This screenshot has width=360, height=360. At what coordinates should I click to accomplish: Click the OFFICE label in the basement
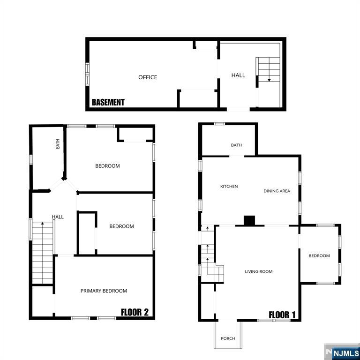coord(148,77)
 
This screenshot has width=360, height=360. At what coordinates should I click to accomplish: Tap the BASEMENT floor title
coord(108,102)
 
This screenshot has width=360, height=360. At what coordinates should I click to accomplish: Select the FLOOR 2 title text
coord(135,312)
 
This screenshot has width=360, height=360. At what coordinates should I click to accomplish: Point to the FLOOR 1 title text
coord(282,315)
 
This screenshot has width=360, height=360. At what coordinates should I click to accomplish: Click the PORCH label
coord(228,338)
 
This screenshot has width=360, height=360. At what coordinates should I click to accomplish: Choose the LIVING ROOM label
coord(258,271)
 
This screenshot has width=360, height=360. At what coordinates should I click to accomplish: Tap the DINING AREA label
coord(277,191)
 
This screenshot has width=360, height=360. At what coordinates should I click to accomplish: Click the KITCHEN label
coord(229,187)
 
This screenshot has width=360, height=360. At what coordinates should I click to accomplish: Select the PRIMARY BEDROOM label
coord(104,291)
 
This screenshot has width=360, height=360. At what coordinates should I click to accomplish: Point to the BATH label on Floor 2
coord(58,144)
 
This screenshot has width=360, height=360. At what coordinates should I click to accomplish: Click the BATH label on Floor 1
coord(236,145)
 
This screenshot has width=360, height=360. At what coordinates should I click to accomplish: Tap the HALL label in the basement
coord(238,75)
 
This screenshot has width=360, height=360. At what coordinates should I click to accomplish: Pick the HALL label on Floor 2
coord(58,217)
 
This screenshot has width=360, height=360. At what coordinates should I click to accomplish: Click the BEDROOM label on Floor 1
coord(319,256)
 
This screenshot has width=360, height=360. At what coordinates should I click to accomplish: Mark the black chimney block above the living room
coord(249,220)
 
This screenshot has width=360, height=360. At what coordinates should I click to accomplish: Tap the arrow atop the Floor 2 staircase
coord(43,224)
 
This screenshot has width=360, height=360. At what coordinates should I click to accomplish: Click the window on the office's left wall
coord(87,74)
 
